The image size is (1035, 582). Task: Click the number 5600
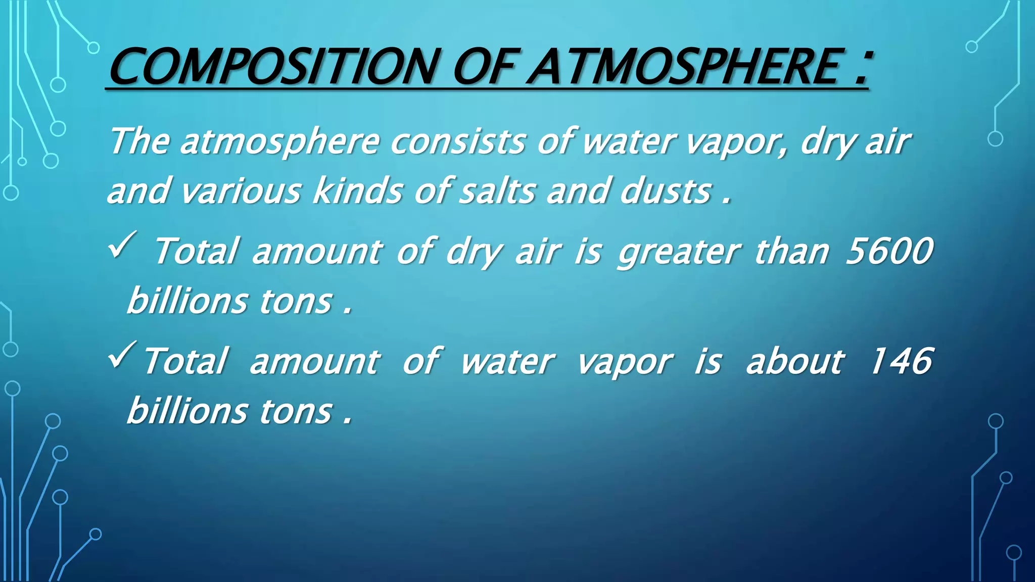[x=889, y=251]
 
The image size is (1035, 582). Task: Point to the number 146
[x=901, y=361]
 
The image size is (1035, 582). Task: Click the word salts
[x=496, y=191]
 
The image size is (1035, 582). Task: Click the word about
[x=794, y=361]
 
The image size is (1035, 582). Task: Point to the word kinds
[x=358, y=191]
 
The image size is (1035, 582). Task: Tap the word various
[x=241, y=191]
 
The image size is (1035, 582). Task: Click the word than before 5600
[x=791, y=251]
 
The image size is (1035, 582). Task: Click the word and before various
[x=137, y=191]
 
